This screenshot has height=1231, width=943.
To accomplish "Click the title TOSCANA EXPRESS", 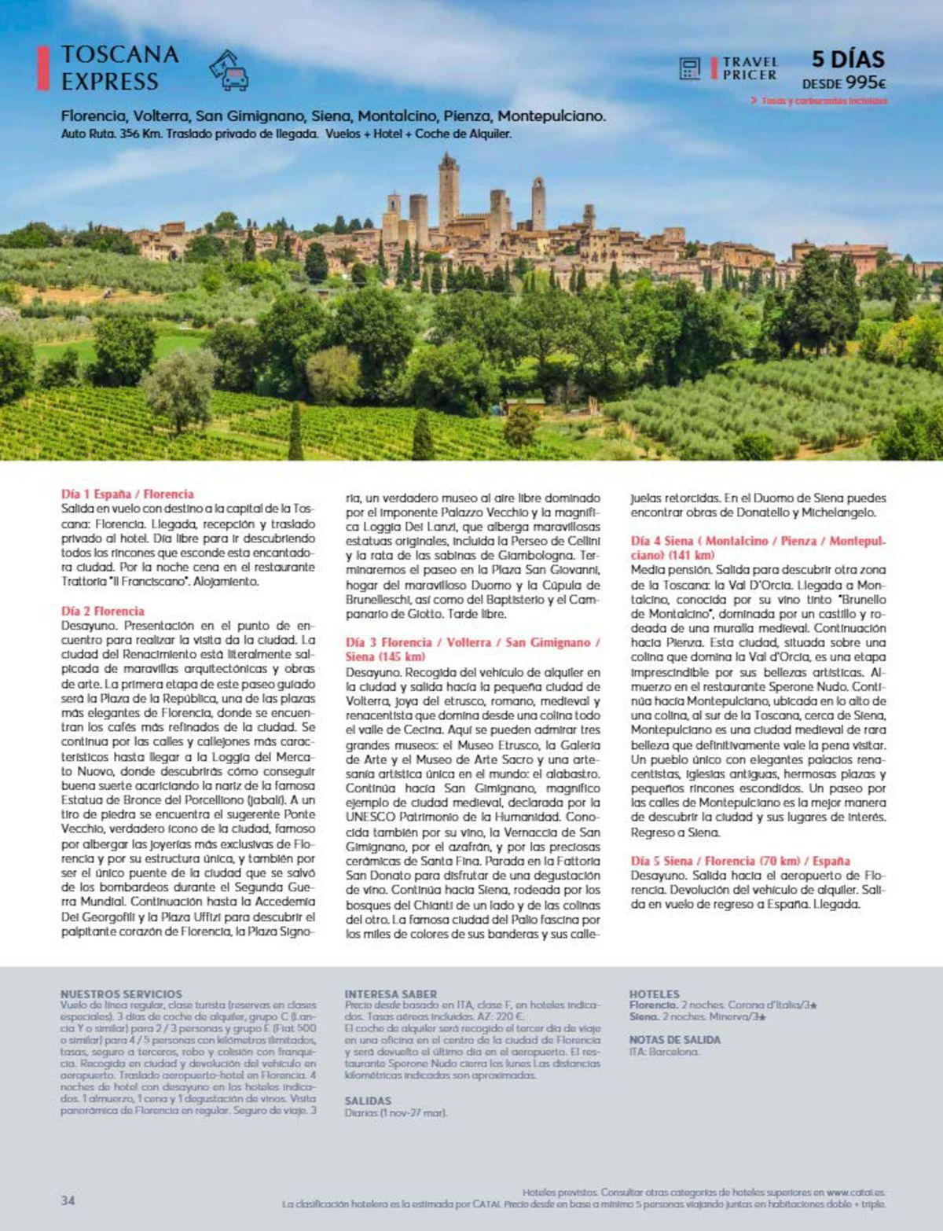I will click(119, 68).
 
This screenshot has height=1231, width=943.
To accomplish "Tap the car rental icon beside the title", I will click(229, 70).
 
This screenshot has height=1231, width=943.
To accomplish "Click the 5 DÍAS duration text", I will click(848, 59).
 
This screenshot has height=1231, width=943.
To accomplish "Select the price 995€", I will click(867, 83).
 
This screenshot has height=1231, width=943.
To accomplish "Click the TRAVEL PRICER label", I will click(750, 68).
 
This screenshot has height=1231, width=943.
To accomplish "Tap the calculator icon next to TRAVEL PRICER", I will click(690, 68).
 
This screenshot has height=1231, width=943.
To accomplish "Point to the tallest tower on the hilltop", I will click(449, 193).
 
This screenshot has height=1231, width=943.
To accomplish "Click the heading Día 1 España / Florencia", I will click(127, 494).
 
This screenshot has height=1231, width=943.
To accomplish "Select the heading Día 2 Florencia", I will click(103, 611).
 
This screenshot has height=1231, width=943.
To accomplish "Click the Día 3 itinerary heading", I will click(472, 649).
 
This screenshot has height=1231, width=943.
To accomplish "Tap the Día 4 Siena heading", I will click(758, 548).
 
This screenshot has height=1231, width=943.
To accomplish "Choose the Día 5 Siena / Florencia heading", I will click(739, 861).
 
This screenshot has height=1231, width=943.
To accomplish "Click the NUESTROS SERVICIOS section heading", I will click(121, 994).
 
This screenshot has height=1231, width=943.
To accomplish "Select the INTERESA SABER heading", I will click(391, 994).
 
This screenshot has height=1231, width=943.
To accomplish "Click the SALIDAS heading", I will click(368, 1101).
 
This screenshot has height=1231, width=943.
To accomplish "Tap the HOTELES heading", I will click(654, 994).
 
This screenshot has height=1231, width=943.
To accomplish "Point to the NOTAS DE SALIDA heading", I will click(674, 1039).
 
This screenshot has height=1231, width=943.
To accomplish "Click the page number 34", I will click(68, 1200).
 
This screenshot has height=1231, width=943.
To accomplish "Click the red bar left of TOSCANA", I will click(43, 68).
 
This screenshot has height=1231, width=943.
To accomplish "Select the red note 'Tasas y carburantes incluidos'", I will click(824, 101).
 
